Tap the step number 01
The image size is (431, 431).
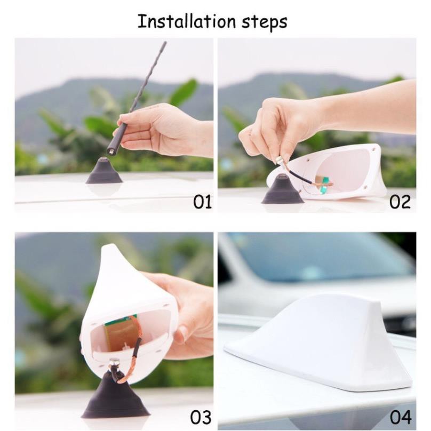(x=202, y=202)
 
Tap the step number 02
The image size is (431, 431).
(x=400, y=202)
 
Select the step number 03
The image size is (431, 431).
(x=201, y=417)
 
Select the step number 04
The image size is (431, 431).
(x=401, y=417)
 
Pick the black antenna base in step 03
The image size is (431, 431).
(x=115, y=397)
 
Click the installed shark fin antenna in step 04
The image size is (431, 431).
(x=320, y=341)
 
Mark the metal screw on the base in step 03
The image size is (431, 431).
(x=114, y=366)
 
